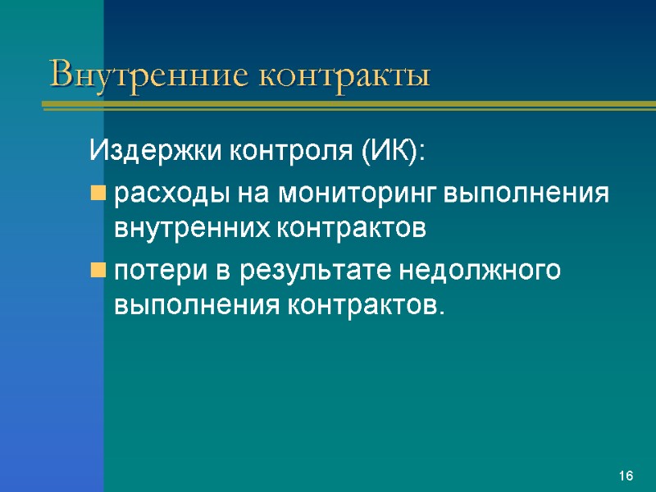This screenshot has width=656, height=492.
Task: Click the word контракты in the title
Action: tap(344, 75)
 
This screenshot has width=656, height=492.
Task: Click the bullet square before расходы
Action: tap(98, 194)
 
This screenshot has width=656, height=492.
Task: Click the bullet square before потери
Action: tap(98, 271)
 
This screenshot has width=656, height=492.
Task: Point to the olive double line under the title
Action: tap(344, 104)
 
